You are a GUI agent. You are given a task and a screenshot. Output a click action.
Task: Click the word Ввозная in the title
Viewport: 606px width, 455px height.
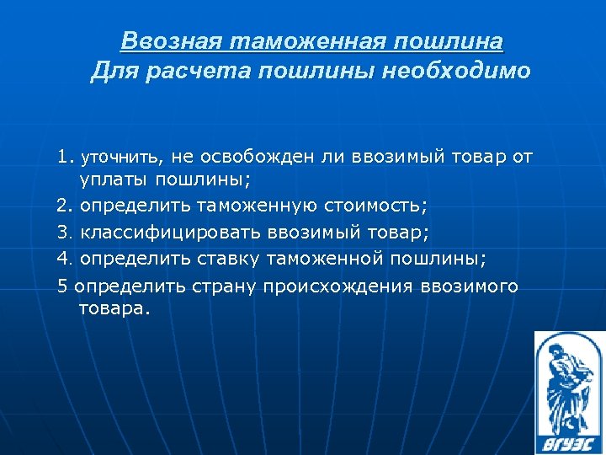(172, 40)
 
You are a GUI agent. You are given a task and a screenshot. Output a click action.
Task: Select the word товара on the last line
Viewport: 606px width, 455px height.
(114, 308)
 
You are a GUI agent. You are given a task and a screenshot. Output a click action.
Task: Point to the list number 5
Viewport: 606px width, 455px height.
(62, 286)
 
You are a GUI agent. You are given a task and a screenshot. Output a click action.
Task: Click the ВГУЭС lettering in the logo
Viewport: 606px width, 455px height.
(568, 438)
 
